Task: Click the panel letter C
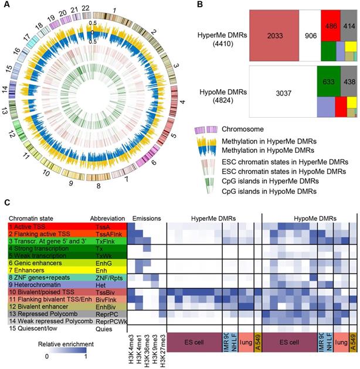pyautogui.click(x=6, y=202)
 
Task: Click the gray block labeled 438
pyautogui.click(x=348, y=81)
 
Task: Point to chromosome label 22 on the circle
pyautogui.click(x=86, y=10)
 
